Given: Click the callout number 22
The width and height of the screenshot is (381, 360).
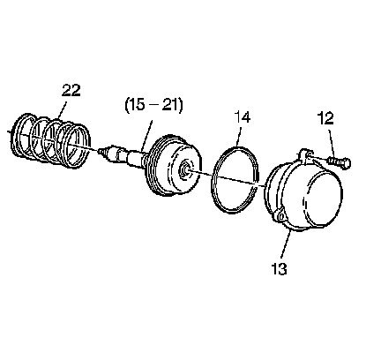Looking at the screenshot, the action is [x=71, y=90].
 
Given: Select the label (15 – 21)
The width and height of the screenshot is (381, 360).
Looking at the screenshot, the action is [x=153, y=105].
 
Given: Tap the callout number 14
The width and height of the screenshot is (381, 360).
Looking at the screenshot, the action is [x=242, y=117].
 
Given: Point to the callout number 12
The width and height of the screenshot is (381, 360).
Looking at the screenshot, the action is [x=325, y=118].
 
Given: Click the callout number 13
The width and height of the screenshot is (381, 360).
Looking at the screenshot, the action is [x=279, y=268].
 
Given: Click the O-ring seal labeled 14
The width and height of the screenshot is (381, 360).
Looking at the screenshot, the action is [x=235, y=180].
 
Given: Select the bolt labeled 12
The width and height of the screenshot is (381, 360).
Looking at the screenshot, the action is [x=340, y=162].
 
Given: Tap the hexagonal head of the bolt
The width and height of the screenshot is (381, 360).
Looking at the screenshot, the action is [x=347, y=163].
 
